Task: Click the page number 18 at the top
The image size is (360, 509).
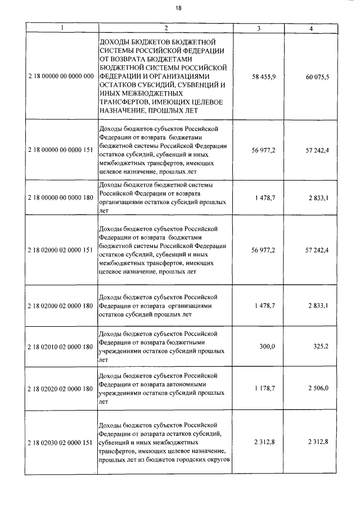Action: pos(178,8)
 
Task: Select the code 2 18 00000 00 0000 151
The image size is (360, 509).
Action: pos(61,151)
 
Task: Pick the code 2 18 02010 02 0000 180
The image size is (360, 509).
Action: pos(61,347)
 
